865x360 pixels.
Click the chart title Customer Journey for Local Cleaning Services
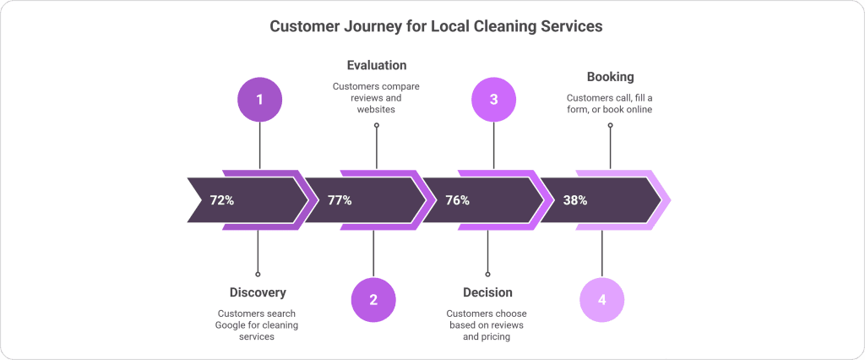pyautogui.click(x=436, y=26)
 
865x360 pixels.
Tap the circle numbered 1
pyautogui.click(x=259, y=100)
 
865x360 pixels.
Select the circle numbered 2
pyautogui.click(x=373, y=300)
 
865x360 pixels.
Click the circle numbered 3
pyautogui.click(x=493, y=100)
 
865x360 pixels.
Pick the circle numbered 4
pyautogui.click(x=601, y=300)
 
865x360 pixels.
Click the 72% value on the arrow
pyautogui.click(x=222, y=200)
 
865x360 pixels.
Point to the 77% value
pyautogui.click(x=340, y=200)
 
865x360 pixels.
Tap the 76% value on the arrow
pyautogui.click(x=457, y=200)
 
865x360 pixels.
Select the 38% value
pyautogui.click(x=574, y=200)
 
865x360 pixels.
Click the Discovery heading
pyautogui.click(x=258, y=292)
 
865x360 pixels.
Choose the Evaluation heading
pyautogui.click(x=376, y=65)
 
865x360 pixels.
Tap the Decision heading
pyautogui.click(x=487, y=292)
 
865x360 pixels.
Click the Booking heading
pyautogui.click(x=610, y=77)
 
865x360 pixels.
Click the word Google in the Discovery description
pyautogui.click(x=236, y=325)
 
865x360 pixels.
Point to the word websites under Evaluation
pyautogui.click(x=376, y=109)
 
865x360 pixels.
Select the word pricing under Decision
pyautogui.click(x=497, y=336)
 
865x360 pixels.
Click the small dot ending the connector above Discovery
pyautogui.click(x=258, y=274)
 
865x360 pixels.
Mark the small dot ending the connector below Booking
pyautogui.click(x=610, y=125)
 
